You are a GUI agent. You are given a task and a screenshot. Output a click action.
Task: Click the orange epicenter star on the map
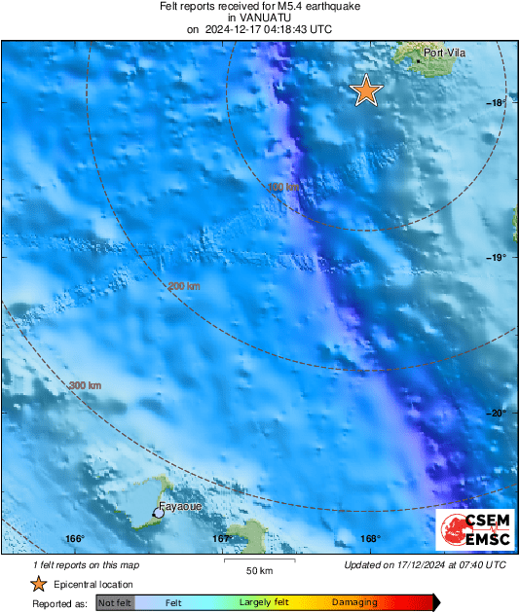pos(366,90)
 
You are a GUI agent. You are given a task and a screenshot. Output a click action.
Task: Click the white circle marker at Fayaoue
pos(157,512)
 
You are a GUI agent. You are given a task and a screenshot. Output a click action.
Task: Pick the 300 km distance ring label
pos(85,386)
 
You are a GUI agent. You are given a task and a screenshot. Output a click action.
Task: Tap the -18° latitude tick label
pos(498,102)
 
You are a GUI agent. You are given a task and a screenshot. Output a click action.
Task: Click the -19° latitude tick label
pos(498,257)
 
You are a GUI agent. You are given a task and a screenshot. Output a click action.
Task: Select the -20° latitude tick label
pos(498,413)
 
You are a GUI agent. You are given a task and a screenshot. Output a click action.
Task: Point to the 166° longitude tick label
pos(75,539)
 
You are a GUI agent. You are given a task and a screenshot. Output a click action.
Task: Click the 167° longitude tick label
pos(222,539)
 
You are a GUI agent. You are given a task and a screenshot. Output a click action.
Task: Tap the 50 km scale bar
pos(258,561)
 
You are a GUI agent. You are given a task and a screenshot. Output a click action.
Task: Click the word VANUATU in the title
pos(259,18)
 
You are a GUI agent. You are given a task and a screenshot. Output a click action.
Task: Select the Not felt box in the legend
pos(115,603)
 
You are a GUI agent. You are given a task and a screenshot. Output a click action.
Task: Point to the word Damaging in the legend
pos(353,603)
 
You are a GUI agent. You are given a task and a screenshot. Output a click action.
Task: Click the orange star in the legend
pos(38,584)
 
